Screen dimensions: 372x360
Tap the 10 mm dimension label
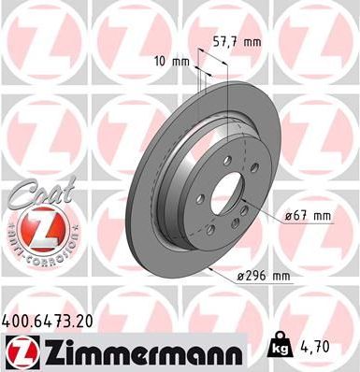[169, 62]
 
